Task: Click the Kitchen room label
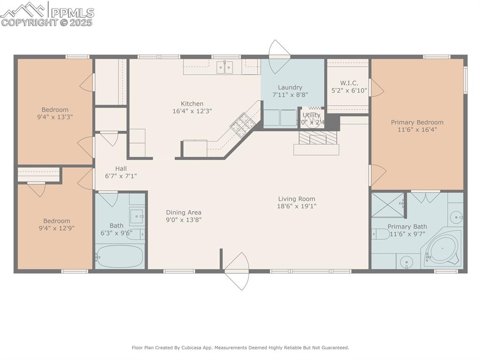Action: pyautogui.click(x=192, y=104)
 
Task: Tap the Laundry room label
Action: pyautogui.click(x=290, y=87)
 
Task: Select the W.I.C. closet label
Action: pyautogui.click(x=349, y=83)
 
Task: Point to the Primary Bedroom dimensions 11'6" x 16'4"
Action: pyautogui.click(x=417, y=130)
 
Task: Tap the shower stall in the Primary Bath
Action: pyautogui.click(x=388, y=205)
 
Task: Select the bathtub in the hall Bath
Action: pyautogui.click(x=119, y=256)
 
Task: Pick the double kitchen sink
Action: pyautogui.click(x=225, y=68)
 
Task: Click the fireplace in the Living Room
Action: pyautogui.click(x=318, y=138)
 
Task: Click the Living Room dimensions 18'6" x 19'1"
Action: pyautogui.click(x=296, y=206)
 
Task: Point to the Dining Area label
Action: pyautogui.click(x=183, y=212)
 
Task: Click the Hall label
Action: pyautogui.click(x=121, y=169)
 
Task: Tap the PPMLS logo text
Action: pyautogui.click(x=72, y=13)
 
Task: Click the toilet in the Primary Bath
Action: pyautogui.click(x=380, y=234)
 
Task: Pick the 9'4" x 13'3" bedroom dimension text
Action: pyautogui.click(x=55, y=117)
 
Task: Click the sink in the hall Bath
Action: pyautogui.click(x=137, y=217)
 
